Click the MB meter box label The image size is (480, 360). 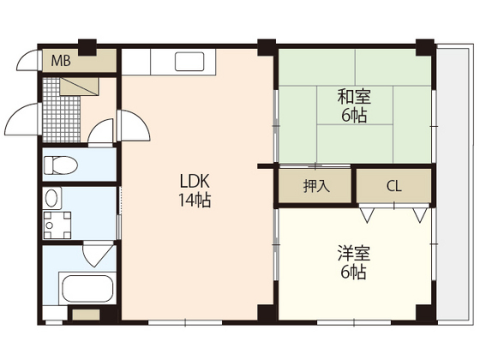(x=61, y=61)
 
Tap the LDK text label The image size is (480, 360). (x=195, y=181)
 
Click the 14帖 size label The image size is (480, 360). (x=195, y=201)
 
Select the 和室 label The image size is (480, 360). (x=354, y=96)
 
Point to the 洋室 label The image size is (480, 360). (x=354, y=253)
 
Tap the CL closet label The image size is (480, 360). (x=394, y=186)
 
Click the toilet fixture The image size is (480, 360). (x=61, y=165)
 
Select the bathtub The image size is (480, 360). (x=87, y=289)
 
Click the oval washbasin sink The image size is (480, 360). (x=51, y=198)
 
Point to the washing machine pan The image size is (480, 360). (x=57, y=225)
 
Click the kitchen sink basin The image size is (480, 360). (x=189, y=62)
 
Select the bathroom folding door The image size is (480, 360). (x=98, y=254)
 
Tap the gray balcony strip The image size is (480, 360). (x=453, y=184)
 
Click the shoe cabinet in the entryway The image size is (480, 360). (x=79, y=87)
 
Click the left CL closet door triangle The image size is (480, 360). (x=367, y=215)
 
